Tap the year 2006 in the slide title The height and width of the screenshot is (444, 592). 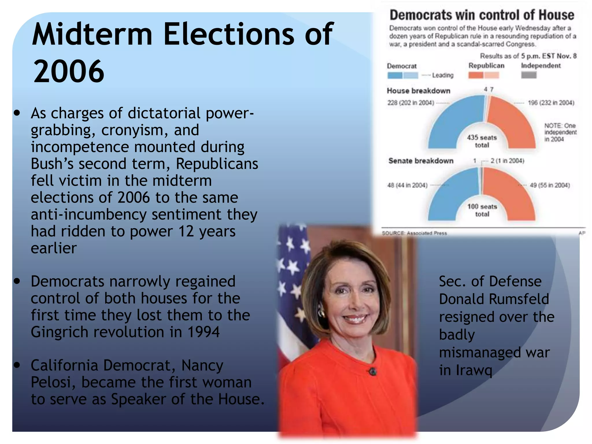69,71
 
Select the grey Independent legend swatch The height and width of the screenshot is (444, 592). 529,75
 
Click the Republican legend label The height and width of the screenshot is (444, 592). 486,66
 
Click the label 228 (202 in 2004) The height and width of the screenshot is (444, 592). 410,103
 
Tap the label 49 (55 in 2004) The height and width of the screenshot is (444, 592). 550,185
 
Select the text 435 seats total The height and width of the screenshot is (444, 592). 482,141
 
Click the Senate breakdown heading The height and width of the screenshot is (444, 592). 421,161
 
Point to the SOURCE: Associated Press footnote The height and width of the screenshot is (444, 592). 414,233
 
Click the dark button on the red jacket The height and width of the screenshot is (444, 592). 373,371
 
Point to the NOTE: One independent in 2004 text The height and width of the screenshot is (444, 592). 560,132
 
